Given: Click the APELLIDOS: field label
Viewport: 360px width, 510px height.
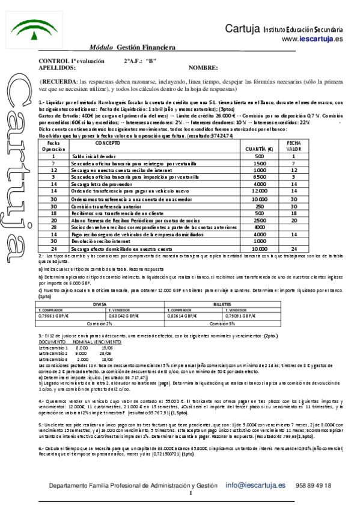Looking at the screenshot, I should pos(57,68).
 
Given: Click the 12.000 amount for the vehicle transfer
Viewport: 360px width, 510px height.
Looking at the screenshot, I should pos(258,189).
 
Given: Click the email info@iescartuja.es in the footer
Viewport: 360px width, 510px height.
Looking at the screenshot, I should pos(255,485).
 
